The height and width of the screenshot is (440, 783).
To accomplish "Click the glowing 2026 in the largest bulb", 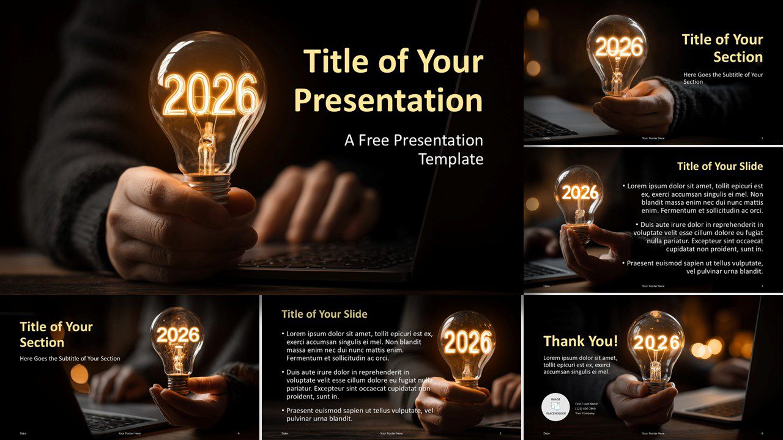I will (x=210, y=95).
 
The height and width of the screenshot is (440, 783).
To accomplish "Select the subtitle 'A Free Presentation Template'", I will (x=414, y=150).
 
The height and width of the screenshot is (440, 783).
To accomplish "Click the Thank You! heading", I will (x=581, y=341).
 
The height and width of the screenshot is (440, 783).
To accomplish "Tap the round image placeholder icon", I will (x=555, y=406).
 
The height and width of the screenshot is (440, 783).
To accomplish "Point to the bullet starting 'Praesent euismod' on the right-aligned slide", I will (x=695, y=267).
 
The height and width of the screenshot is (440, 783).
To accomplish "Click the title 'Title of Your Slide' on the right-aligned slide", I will (x=719, y=166).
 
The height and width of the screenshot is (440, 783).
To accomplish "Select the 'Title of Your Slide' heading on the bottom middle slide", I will (x=324, y=314).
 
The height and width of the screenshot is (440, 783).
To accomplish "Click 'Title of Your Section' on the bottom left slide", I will (x=56, y=334).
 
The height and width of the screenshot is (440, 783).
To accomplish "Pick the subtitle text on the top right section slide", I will (x=723, y=78).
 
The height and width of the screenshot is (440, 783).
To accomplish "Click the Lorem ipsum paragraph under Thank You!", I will (x=580, y=365).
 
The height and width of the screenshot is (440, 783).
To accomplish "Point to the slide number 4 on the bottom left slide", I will (x=238, y=433).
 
